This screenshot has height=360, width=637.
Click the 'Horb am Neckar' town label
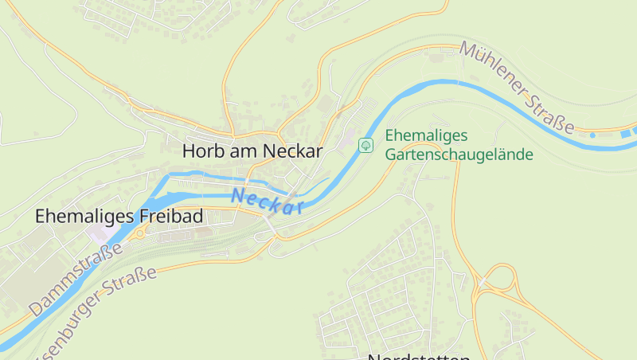pyautogui.click(x=252, y=150)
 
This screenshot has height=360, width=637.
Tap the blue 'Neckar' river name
pyautogui.click(x=268, y=202)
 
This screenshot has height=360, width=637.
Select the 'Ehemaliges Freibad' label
pyautogui.click(x=119, y=216)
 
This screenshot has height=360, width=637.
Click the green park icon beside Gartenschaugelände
pyautogui.click(x=365, y=145)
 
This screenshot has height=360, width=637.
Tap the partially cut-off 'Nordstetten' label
pyautogui.click(x=419, y=356)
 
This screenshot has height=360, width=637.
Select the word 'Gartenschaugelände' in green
pyautogui.click(x=459, y=155)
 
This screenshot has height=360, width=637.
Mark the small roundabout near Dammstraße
pyautogui.click(x=139, y=233)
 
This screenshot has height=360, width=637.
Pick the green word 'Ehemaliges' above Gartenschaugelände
pyautogui.click(x=426, y=135)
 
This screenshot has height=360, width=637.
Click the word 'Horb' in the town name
pyautogui.click(x=200, y=150)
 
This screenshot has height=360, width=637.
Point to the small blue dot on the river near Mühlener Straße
pyautogui.click(x=592, y=135)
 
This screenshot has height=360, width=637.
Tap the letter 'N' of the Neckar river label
pyautogui.click(x=236, y=194)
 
